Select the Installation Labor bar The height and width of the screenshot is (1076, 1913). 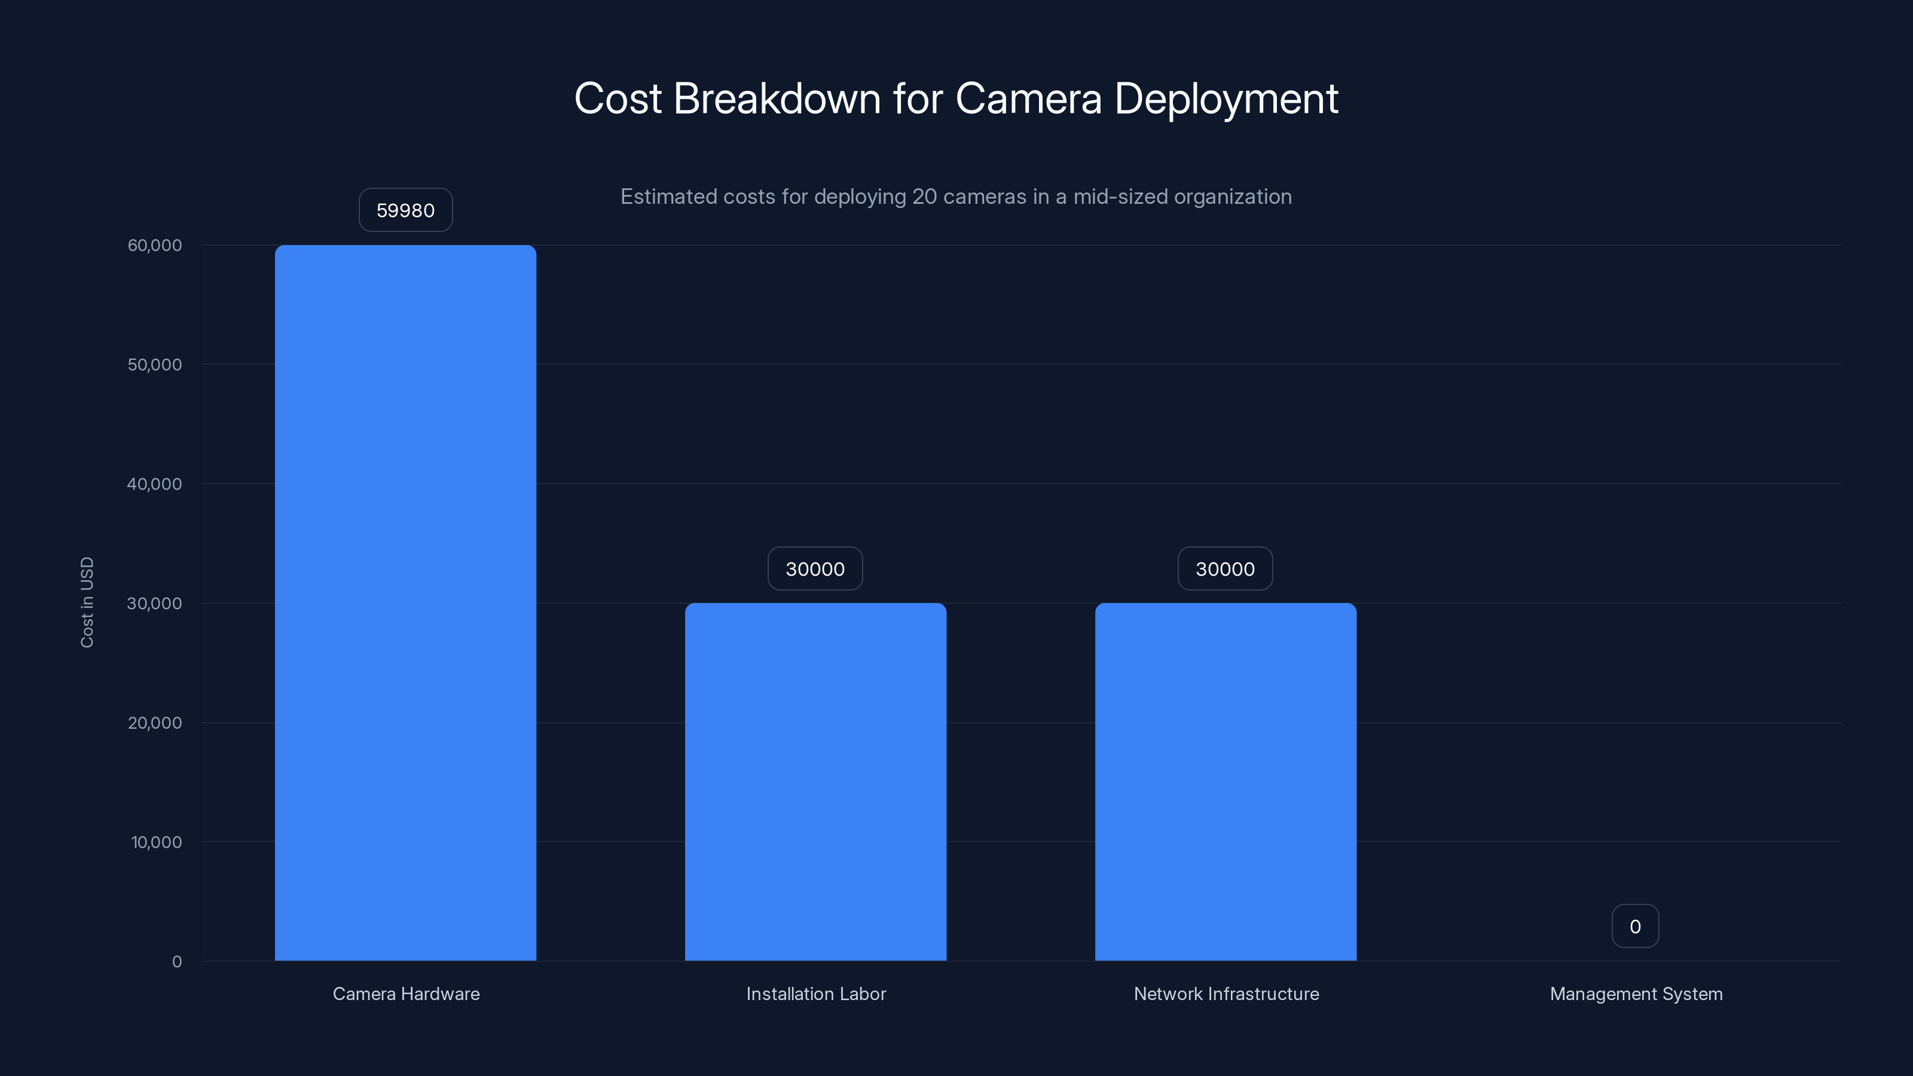[815, 781]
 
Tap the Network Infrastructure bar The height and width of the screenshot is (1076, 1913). [1226, 781]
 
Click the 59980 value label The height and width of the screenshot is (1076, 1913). [405, 210]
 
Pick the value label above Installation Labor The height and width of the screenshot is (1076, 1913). [815, 569]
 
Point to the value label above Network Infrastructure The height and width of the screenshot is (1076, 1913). [1224, 569]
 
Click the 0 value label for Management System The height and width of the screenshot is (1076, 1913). [1634, 926]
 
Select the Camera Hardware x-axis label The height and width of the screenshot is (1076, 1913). [405, 994]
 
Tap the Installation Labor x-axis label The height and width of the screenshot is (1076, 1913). [815, 994]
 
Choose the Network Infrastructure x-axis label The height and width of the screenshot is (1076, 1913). [1226, 994]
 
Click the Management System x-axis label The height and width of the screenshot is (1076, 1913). [1635, 994]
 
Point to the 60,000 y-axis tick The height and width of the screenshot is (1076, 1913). [154, 245]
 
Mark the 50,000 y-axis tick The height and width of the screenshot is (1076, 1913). [154, 365]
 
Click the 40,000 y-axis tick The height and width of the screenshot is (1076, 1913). [154, 484]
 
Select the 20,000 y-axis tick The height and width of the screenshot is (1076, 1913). [154, 723]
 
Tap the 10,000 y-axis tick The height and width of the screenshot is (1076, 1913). [156, 842]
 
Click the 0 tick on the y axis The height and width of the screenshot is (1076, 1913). [177, 962]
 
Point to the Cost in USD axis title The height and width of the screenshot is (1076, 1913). [87, 602]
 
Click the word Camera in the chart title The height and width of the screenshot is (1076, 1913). [1028, 99]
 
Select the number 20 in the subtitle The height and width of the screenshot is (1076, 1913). [925, 197]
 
